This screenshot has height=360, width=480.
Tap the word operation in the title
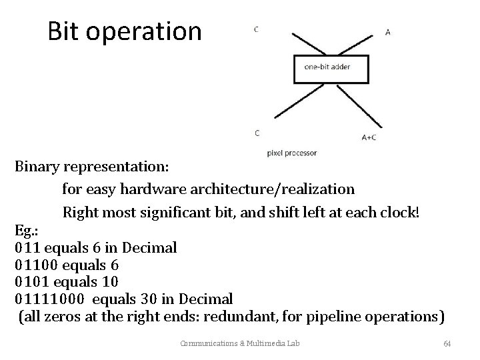click(148, 31)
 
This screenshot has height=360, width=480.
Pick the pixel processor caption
click(291, 153)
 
